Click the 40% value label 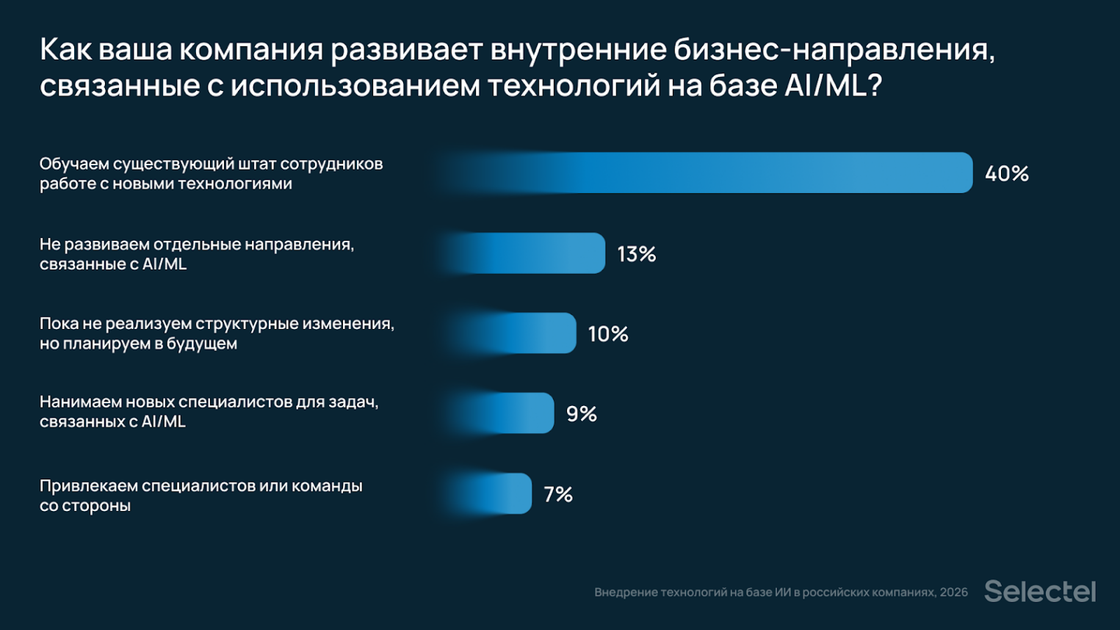pos(1006,174)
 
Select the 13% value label pos(636,254)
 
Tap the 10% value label pos(608,334)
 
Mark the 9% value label pos(581,414)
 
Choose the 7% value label pos(558,494)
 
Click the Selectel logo pos(1039,591)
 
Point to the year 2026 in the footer pos(953,593)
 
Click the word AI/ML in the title pos(825,86)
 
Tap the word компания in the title pos(251,50)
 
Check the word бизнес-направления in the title pos(834,50)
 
